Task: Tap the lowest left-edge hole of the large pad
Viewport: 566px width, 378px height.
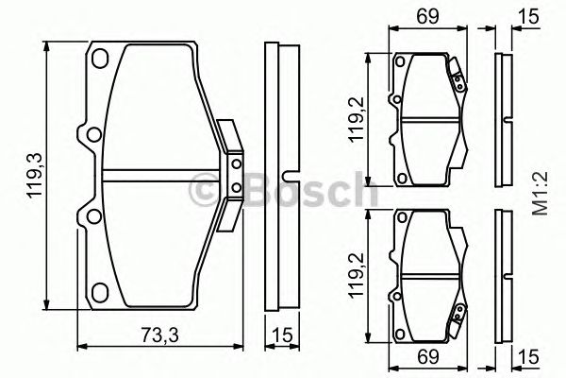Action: [x=92, y=219]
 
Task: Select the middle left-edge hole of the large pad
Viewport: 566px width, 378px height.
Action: [x=92, y=131]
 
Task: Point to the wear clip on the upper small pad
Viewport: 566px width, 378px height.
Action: [x=458, y=78]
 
